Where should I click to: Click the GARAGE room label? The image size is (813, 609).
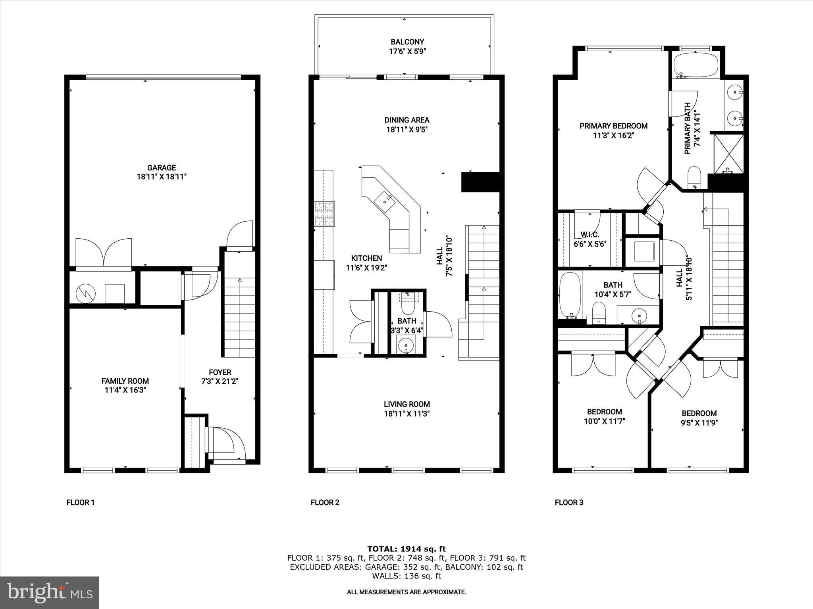tap(162, 168)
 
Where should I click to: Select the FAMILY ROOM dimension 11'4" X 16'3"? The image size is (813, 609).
tap(125, 390)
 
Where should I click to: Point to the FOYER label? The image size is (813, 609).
tap(220, 372)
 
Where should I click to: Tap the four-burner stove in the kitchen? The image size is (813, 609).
tap(324, 214)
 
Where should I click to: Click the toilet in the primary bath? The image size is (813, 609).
tap(694, 177)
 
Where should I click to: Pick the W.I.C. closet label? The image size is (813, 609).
tap(590, 234)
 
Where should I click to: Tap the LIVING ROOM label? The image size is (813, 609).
tap(406, 404)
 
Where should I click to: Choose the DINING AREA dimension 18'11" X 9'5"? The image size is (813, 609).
tap(406, 130)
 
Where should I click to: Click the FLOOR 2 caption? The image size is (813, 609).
tap(325, 503)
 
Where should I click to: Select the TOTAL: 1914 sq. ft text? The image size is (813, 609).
tap(406, 549)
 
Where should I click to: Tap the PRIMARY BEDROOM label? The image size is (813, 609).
tap(613, 126)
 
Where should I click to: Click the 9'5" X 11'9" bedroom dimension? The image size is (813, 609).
tap(699, 423)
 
